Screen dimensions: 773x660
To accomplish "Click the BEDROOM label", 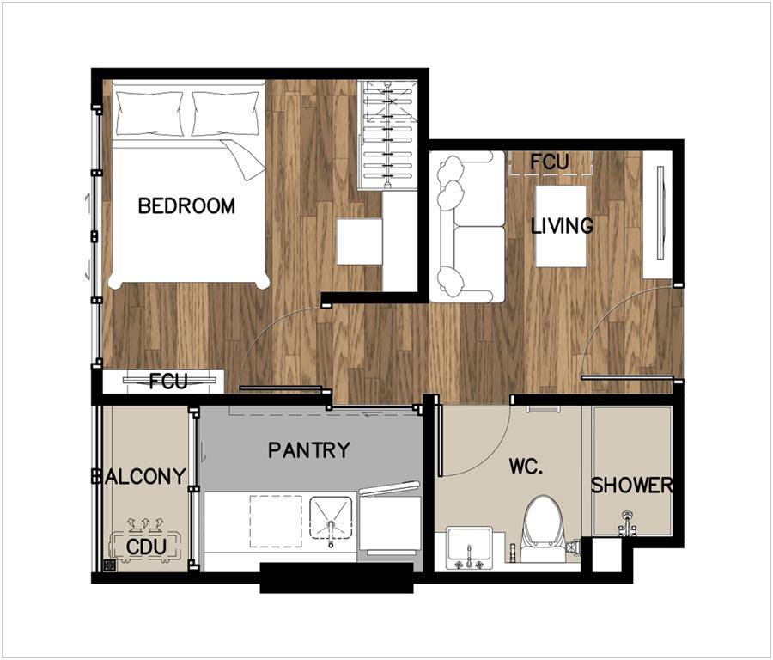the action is [x=186, y=205].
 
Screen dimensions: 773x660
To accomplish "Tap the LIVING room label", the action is [x=562, y=226].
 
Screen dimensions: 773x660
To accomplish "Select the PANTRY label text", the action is [x=309, y=449].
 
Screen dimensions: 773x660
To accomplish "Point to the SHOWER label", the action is [x=632, y=486].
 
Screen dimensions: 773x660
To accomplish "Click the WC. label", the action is [x=526, y=466].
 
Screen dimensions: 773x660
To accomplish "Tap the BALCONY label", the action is [x=138, y=476].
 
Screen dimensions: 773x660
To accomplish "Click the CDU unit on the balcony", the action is [x=146, y=547].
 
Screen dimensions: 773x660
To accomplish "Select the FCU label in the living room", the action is [x=549, y=162].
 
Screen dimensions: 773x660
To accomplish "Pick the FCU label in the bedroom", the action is [x=168, y=381].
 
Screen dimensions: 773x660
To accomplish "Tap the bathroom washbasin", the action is [x=469, y=548].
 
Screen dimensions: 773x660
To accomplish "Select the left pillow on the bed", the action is [x=149, y=113].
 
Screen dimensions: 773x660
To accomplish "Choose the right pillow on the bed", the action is [x=226, y=113].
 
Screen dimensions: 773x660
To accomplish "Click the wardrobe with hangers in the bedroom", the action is [x=388, y=135].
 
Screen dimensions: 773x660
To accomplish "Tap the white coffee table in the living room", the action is [x=561, y=226].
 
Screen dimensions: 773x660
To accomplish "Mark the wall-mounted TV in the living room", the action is [x=660, y=212].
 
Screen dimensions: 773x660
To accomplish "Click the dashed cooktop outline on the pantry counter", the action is [x=276, y=522].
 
